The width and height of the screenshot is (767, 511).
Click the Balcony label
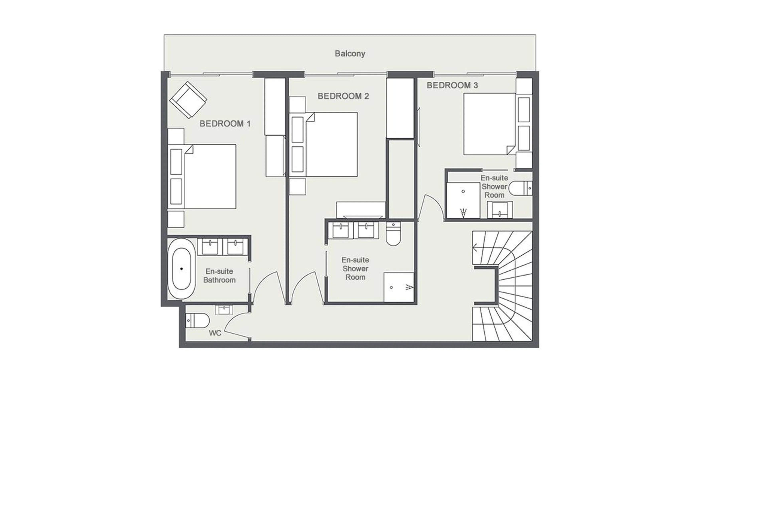[x=350, y=54]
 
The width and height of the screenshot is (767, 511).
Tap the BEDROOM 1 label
[x=225, y=124]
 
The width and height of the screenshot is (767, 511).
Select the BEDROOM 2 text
[x=343, y=96]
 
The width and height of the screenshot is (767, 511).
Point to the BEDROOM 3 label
[x=452, y=85]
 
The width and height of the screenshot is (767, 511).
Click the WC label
[x=215, y=333]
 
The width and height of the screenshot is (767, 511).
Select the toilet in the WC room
[x=197, y=321]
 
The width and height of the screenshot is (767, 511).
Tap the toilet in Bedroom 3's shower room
[x=520, y=188]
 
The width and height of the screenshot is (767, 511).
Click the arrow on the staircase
[x=475, y=248]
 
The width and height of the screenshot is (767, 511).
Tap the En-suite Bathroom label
[x=219, y=276]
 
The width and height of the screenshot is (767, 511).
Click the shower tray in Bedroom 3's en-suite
[x=463, y=200]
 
